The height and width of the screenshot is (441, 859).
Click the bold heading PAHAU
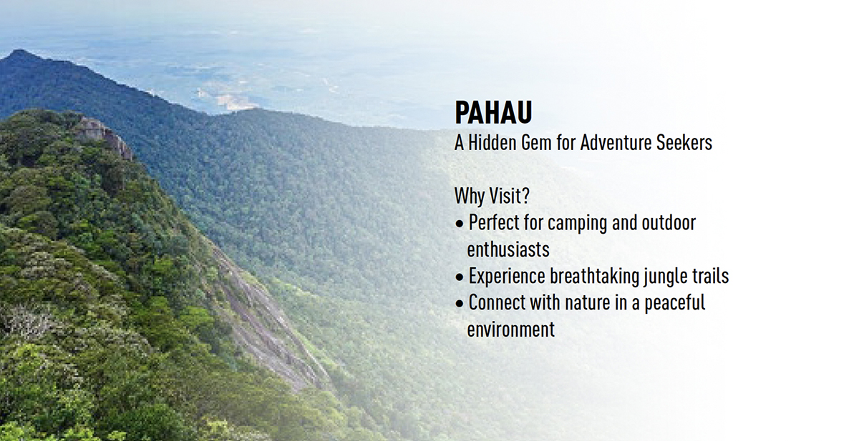coord(493,112)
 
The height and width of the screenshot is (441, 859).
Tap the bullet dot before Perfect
coord(460,224)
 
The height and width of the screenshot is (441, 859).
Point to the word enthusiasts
coord(508,249)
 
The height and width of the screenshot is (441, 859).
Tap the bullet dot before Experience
coord(460,277)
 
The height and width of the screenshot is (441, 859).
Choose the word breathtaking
coord(595,277)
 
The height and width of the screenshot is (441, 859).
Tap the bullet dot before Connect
coord(460,304)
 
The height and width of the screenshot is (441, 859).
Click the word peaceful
coord(674,304)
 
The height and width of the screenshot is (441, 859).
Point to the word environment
coord(511,329)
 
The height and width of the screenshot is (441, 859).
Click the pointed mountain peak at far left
coord(17,51)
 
